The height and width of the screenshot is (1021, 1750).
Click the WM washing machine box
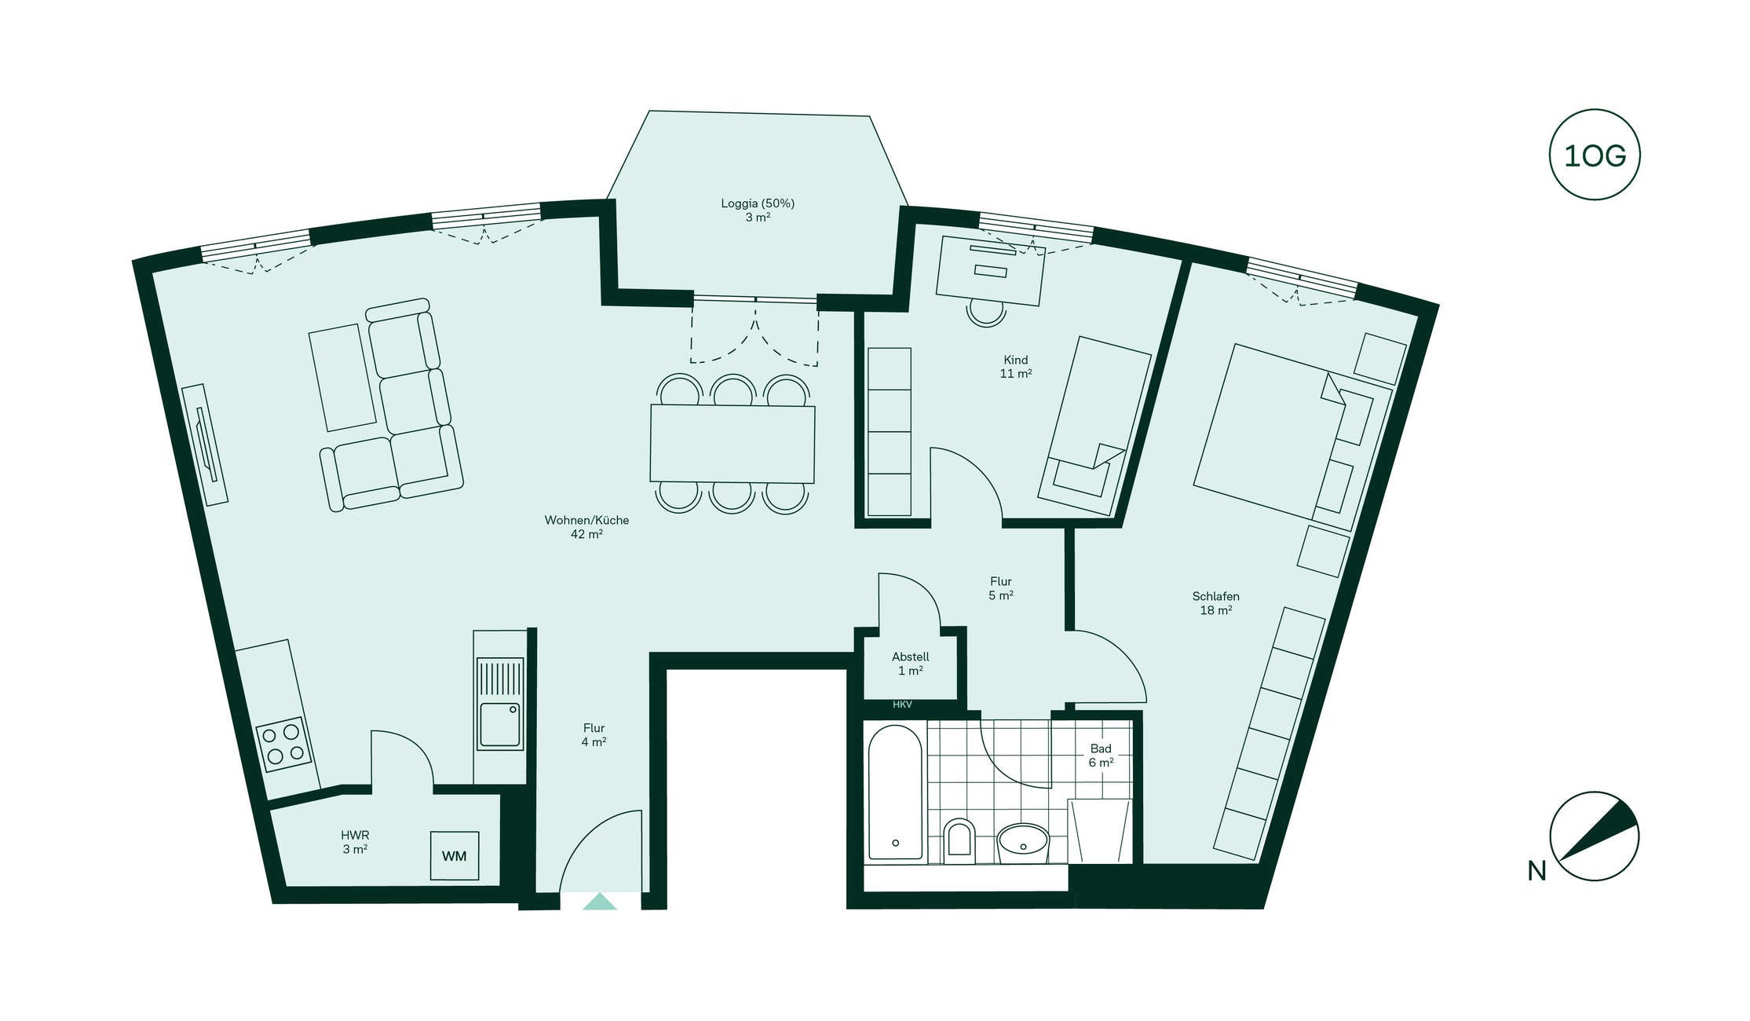point(455,855)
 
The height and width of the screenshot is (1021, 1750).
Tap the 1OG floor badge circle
point(1595,155)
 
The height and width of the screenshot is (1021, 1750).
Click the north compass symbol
point(1595,836)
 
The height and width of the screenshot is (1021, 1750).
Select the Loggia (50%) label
point(758,203)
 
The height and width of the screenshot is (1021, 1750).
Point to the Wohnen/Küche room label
point(586,520)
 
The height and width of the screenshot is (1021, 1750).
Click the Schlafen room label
point(1215,596)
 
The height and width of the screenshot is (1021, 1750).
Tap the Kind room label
point(1015,360)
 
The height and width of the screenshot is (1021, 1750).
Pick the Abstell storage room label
point(910,657)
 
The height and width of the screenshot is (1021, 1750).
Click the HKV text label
point(902,704)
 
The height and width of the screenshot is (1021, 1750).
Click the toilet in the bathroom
point(959,839)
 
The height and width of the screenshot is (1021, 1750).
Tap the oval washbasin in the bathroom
point(1023,844)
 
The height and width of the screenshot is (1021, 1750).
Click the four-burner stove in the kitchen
point(283,745)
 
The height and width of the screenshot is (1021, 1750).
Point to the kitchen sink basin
point(500,724)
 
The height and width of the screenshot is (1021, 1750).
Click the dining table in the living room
point(732,444)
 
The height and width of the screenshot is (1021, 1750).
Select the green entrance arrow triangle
point(599,902)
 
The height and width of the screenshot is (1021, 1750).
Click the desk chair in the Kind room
point(986,312)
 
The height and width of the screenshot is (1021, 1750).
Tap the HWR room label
point(355,836)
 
